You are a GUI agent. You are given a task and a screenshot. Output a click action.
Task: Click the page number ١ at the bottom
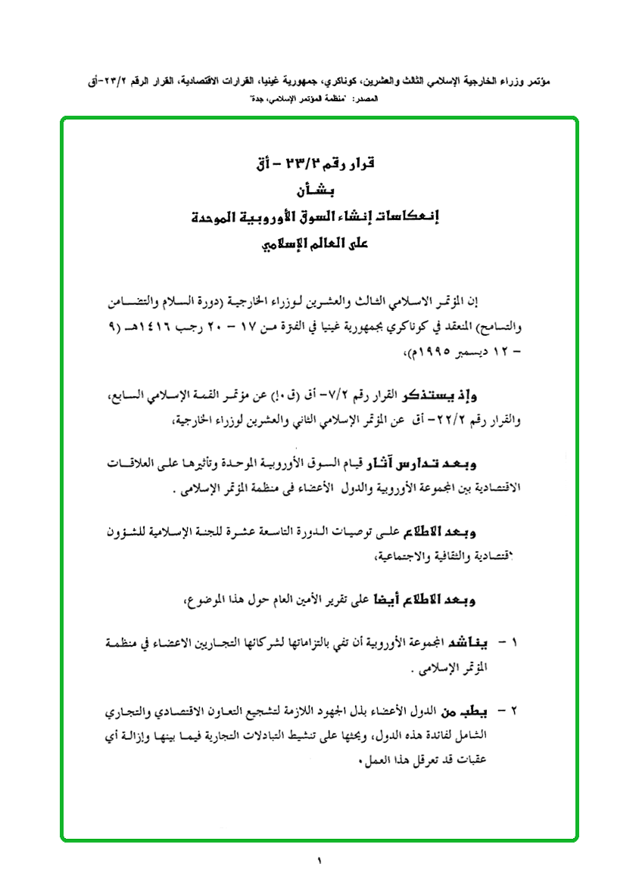point(319,861)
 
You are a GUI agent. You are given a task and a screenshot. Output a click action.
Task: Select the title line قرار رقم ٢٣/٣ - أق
point(319,163)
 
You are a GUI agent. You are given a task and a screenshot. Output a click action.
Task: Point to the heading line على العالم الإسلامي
point(319,245)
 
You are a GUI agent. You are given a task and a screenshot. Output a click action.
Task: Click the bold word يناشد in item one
point(478,644)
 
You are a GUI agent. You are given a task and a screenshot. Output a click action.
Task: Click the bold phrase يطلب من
point(473,712)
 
